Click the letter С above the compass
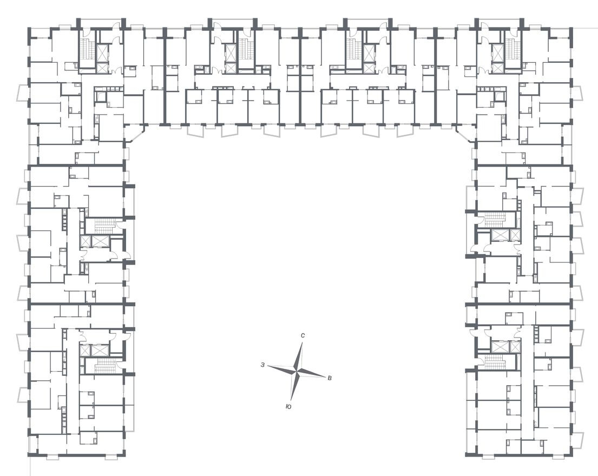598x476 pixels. (303, 336)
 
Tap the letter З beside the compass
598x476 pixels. (262, 365)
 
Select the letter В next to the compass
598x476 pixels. (330, 378)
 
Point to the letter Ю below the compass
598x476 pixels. (288, 406)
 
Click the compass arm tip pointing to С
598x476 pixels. (302, 343)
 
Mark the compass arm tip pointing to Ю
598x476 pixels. (291, 400)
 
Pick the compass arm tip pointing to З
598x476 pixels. (268, 366)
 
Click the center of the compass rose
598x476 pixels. (297, 371)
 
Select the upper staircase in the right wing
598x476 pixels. (494, 219)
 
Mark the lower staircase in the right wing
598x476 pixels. (494, 361)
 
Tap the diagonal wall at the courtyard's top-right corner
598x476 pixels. (464, 133)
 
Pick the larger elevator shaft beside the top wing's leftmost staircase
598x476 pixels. (102, 54)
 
